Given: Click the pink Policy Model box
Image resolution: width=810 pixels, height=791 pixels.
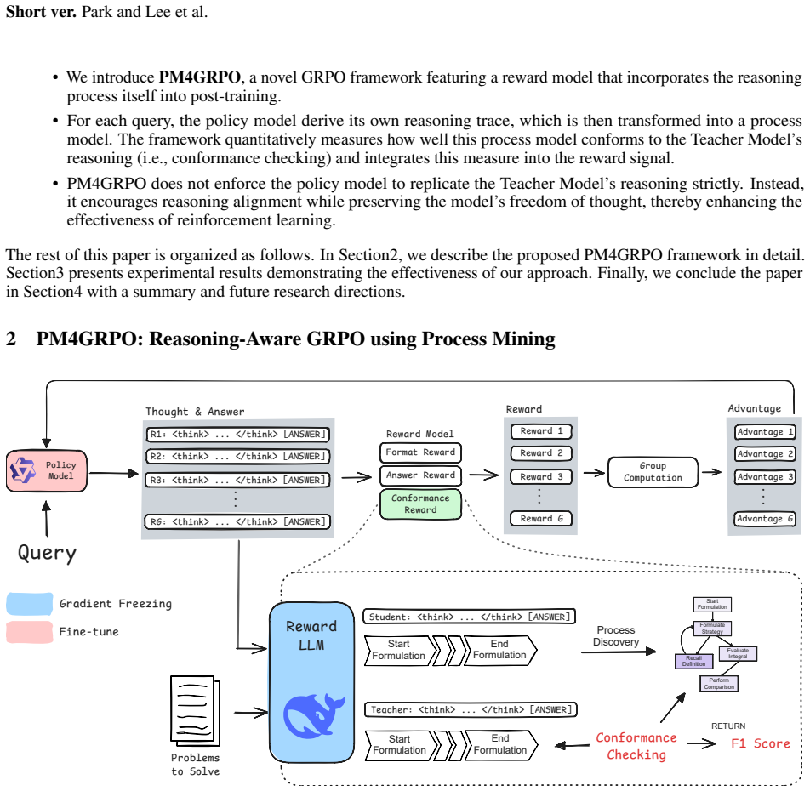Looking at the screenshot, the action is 47,470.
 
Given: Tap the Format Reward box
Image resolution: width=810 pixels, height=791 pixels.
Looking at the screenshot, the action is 420,452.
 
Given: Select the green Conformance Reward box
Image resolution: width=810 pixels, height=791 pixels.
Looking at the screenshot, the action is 420,504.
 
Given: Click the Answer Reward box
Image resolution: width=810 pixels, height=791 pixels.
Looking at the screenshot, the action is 420,475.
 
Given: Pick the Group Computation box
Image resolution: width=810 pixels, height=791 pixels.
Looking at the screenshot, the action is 653,472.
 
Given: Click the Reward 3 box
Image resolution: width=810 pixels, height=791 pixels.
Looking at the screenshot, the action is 541,476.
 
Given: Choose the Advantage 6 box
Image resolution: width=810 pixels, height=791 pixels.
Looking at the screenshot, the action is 765,518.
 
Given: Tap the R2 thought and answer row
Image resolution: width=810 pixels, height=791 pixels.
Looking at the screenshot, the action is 237,457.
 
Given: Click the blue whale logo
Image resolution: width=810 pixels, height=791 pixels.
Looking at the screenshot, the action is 314,714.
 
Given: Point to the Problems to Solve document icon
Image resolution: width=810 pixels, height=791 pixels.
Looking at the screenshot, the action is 196,710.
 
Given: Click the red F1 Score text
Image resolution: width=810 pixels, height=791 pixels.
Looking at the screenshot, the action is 761,743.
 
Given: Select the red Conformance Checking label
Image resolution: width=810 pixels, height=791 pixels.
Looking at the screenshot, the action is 636,746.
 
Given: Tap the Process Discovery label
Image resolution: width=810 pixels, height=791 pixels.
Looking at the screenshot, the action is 616,636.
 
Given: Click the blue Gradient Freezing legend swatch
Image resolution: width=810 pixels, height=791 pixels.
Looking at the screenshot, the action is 30,604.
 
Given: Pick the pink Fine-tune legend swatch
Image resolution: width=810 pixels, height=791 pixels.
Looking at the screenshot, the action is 30,632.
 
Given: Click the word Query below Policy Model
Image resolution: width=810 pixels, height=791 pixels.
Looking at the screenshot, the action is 47,553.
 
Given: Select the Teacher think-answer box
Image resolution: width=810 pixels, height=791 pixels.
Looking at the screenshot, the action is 471,710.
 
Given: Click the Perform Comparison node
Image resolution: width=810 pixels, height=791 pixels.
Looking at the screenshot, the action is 719,684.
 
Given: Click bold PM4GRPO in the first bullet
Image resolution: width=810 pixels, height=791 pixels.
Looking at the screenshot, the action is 199,77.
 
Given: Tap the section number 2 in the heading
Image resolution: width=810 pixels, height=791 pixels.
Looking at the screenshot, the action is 11,339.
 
